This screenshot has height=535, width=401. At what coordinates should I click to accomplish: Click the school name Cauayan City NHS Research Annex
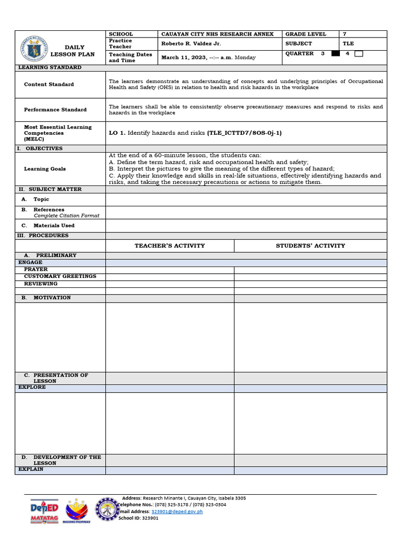click(x=217, y=34)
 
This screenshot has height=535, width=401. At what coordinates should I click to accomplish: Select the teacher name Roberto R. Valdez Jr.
click(x=191, y=44)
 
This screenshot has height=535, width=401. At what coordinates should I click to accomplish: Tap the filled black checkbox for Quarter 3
click(x=335, y=53)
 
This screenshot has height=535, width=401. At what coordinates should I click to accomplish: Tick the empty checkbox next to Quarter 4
click(x=359, y=53)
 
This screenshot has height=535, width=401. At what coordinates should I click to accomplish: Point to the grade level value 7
click(x=345, y=34)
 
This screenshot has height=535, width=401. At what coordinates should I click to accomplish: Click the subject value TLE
click(x=348, y=44)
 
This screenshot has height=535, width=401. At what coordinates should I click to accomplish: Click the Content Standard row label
click(x=49, y=84)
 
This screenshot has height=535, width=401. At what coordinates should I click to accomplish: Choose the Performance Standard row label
click(x=55, y=110)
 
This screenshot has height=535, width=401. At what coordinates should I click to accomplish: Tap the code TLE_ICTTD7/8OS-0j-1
click(x=244, y=133)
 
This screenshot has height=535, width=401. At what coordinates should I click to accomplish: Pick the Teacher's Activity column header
click(x=170, y=246)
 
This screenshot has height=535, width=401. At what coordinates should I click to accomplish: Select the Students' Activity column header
click(x=310, y=246)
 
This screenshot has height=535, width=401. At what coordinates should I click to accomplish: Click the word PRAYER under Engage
click(x=36, y=270)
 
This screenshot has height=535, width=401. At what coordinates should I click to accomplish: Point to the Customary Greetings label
click(x=60, y=276)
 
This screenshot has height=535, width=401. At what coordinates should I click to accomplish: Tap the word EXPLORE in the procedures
click(x=32, y=388)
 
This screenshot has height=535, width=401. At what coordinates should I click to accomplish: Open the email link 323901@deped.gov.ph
click(x=176, y=511)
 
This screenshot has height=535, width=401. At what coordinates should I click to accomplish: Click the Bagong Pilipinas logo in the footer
click(x=76, y=511)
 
